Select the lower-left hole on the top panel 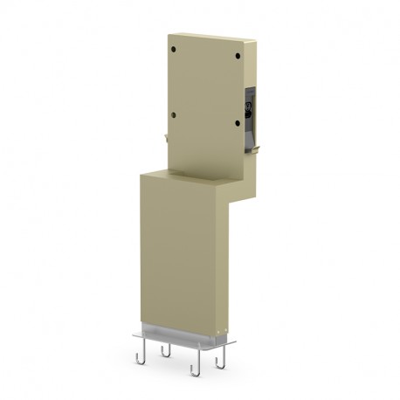coord(176,114)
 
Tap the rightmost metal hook coord(223,358)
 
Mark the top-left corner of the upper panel coord(169,33)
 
